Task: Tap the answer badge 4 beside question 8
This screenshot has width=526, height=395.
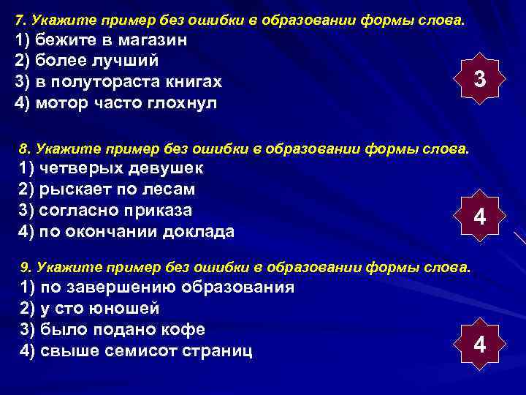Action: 479,217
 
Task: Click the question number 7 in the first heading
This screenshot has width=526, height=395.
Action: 20,17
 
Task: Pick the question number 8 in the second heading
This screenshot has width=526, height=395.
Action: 23,149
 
